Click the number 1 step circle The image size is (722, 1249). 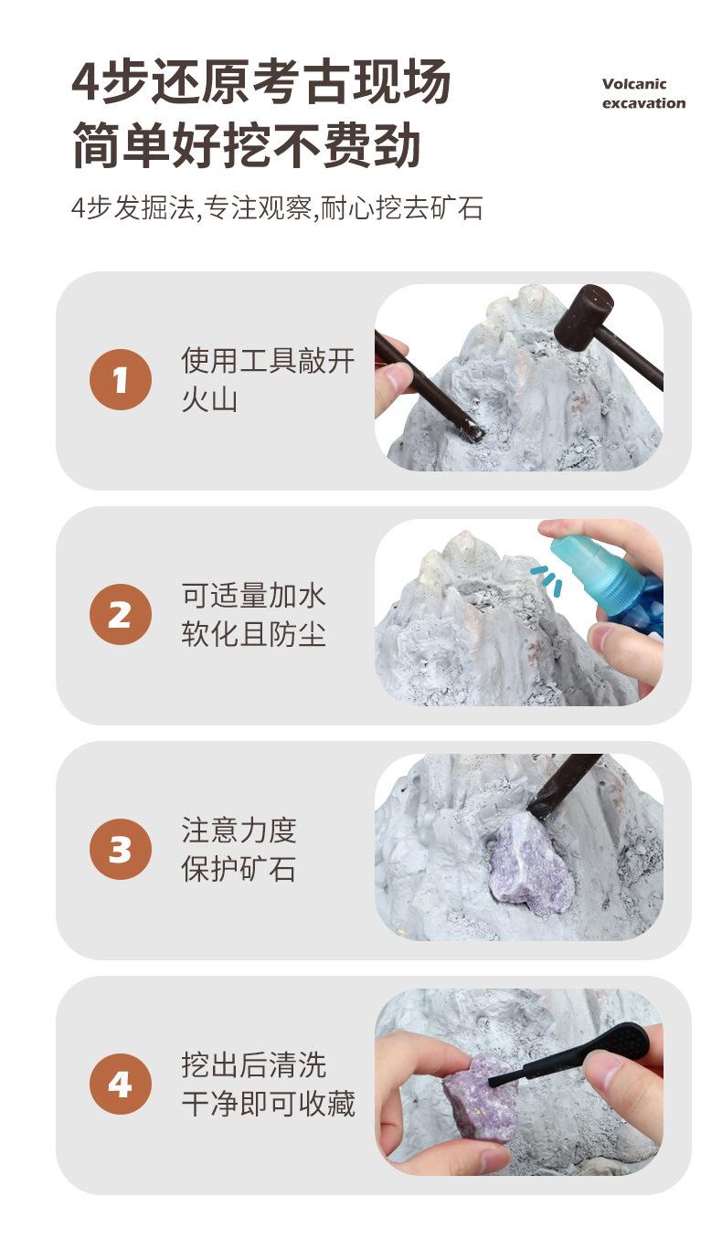(121, 380)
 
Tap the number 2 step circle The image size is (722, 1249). (121, 615)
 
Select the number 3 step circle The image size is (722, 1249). (121, 849)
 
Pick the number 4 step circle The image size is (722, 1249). (121, 1084)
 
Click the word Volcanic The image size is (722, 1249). (634, 84)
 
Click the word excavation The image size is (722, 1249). (644, 103)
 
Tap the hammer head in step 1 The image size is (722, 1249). (583, 318)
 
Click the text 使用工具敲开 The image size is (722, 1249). (268, 361)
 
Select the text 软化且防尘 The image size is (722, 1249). (253, 634)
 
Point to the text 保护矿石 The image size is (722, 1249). (239, 869)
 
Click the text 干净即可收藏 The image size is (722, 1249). (268, 1104)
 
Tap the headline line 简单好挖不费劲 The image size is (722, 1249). (246, 144)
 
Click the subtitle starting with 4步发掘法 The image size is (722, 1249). (277, 208)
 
